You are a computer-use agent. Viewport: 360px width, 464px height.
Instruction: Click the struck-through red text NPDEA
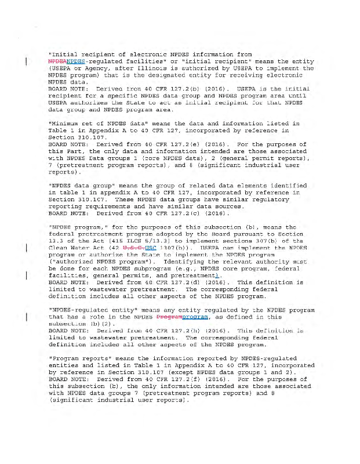58,61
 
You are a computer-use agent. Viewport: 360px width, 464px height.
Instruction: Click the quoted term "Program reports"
75,358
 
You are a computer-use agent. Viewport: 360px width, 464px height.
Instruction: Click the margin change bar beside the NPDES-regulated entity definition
27,317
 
